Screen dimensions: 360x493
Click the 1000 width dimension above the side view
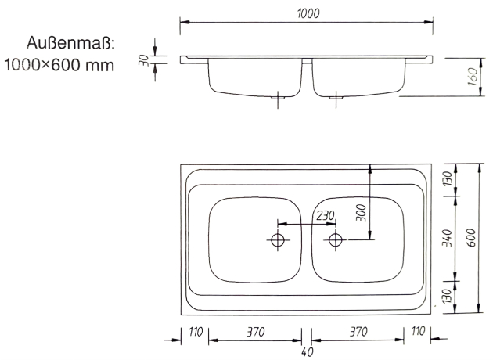point(308,14)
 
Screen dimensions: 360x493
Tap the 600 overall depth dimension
point(471,239)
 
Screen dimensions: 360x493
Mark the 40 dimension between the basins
point(307,351)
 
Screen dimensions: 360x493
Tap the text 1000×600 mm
point(60,65)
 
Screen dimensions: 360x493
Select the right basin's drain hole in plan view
point(336,239)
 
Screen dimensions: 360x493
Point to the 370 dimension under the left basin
point(255,332)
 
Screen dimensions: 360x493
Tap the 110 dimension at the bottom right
point(418,332)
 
